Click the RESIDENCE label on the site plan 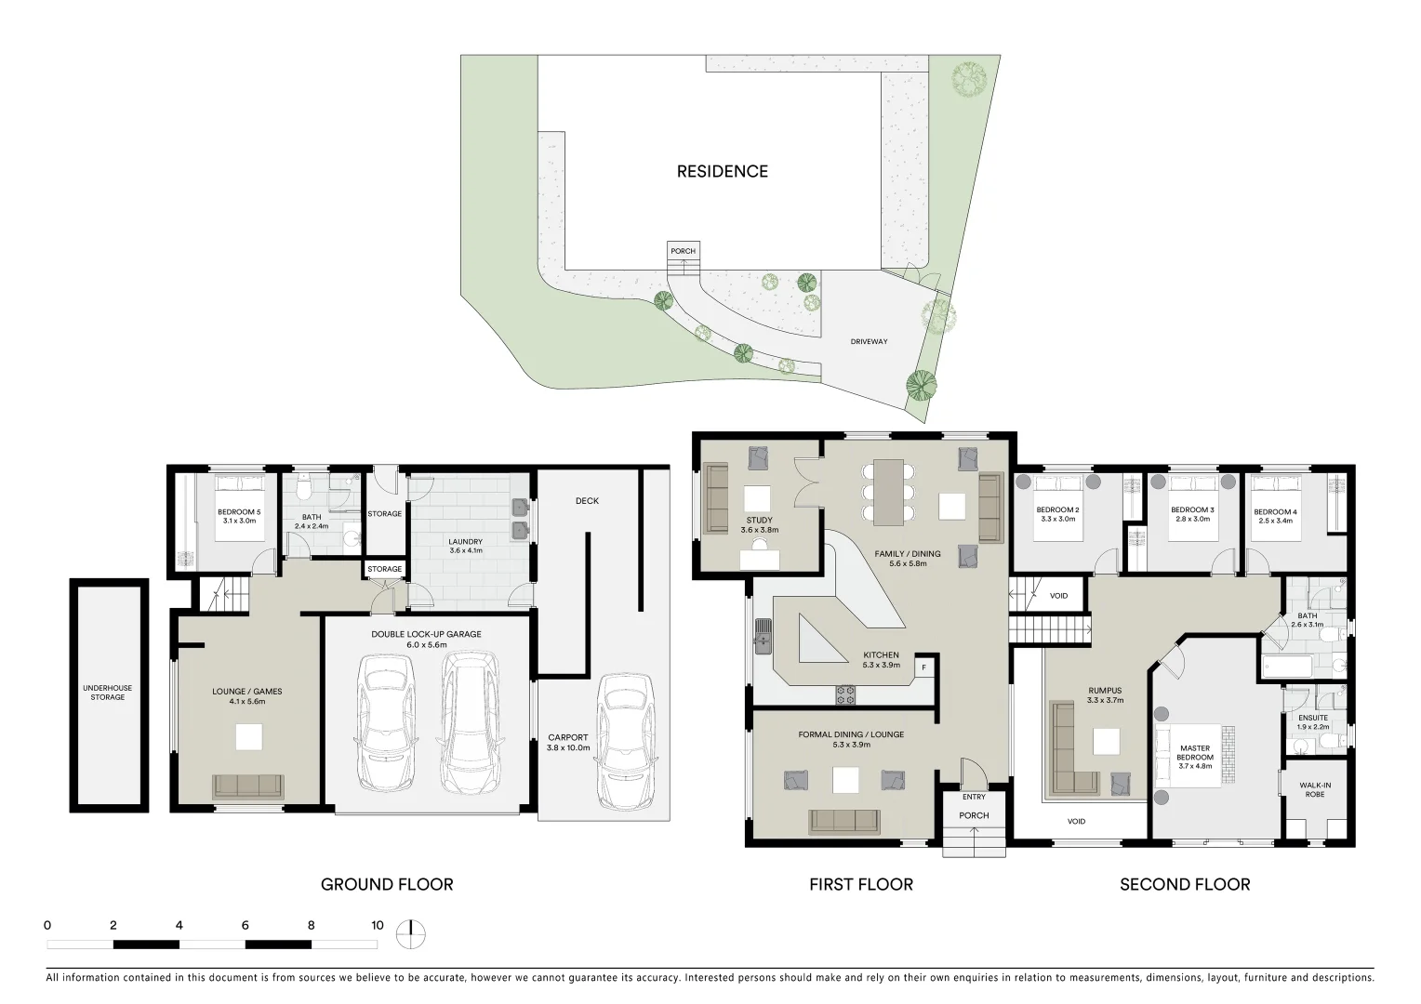point(722,171)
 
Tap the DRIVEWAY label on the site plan point(869,342)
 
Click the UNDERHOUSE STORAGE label point(108,693)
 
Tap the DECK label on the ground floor point(587,501)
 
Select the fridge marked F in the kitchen point(923,667)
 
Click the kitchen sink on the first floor point(764,637)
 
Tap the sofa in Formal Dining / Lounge point(844,821)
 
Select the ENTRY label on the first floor point(974,797)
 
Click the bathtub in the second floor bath point(1287,667)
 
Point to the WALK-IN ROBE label point(1314,790)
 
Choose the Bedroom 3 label point(1191,510)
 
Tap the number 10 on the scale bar point(377,926)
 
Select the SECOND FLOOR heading point(1184,885)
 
